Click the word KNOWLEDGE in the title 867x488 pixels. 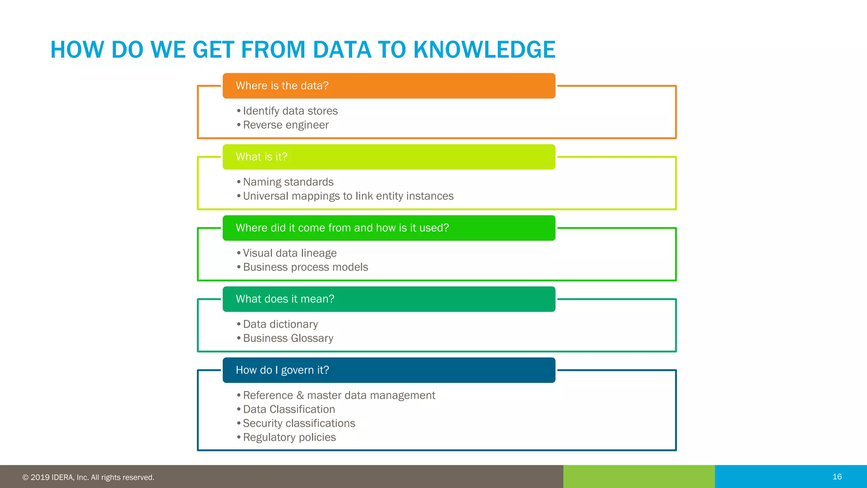[x=484, y=50]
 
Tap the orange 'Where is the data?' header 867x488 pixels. [x=389, y=86]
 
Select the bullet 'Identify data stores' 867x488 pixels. [x=290, y=111]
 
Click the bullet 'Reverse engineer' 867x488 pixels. [x=286, y=125]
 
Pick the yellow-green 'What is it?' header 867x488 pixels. [x=389, y=157]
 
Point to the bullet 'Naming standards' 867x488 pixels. [x=288, y=182]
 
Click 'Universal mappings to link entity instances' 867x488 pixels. [x=348, y=196]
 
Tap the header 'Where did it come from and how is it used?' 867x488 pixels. [x=389, y=228]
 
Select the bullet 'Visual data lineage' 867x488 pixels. [x=290, y=253]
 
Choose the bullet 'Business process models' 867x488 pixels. [x=305, y=267]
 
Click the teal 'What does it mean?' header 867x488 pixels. [x=389, y=299]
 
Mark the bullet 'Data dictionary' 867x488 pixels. [x=280, y=324]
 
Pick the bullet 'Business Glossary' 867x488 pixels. [x=288, y=338]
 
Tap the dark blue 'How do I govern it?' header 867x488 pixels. [x=389, y=370]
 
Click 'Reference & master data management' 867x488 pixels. [x=339, y=395]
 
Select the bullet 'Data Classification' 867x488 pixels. [x=289, y=409]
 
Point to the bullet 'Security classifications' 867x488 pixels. [x=299, y=423]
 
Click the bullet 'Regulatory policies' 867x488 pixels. [x=289, y=437]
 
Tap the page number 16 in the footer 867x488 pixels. [x=837, y=477]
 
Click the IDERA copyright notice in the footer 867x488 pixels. [x=88, y=477]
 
